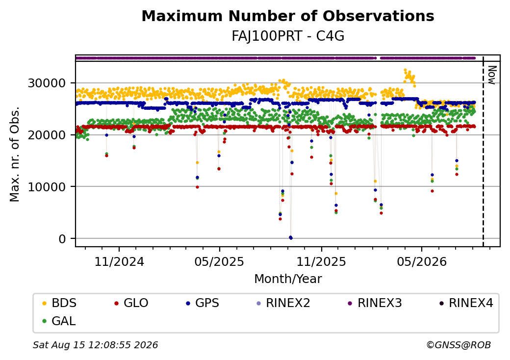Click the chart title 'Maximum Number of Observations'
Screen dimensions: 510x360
pyautogui.click(x=288, y=16)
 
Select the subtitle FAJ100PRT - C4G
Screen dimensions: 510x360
pyautogui.click(x=288, y=36)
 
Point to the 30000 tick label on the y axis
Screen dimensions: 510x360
pyautogui.click(x=47, y=83)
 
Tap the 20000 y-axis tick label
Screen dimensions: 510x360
pyautogui.click(x=47, y=135)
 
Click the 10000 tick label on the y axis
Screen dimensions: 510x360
pyautogui.click(x=47, y=187)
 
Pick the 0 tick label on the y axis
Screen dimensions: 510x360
pyautogui.click(x=62, y=239)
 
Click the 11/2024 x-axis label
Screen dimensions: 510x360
pyautogui.click(x=119, y=261)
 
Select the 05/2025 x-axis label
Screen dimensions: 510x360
pyautogui.click(x=219, y=261)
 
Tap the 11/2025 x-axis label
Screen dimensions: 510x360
pyautogui.click(x=321, y=261)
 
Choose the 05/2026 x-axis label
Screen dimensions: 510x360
pyautogui.click(x=422, y=261)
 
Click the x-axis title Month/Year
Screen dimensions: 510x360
pyautogui.click(x=288, y=279)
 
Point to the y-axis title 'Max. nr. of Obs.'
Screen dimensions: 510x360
pyautogui.click(x=15, y=154)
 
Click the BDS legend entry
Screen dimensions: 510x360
pyautogui.click(x=59, y=303)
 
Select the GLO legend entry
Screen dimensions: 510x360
pyautogui.click(x=131, y=303)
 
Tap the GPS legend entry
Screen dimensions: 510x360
pyautogui.click(x=203, y=303)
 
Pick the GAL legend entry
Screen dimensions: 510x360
pyautogui.click(x=59, y=321)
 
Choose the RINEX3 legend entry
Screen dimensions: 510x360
pyautogui.click(x=375, y=303)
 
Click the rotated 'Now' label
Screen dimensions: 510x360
pyautogui.click(x=492, y=75)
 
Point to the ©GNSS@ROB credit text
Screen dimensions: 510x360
pyautogui.click(x=459, y=345)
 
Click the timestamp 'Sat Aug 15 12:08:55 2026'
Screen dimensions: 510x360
pyautogui.click(x=95, y=345)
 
